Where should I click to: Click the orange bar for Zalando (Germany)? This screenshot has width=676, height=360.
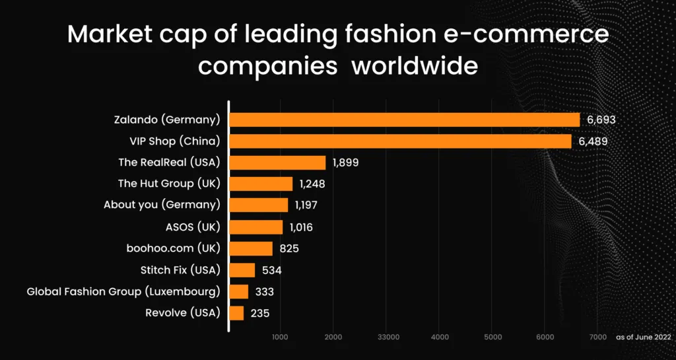pyautogui.click(x=404, y=120)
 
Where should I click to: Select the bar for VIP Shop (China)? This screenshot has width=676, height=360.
pyautogui.click(x=400, y=141)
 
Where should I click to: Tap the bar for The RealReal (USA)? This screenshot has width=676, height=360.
pyautogui.click(x=277, y=162)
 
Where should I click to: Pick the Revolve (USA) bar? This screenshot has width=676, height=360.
pyautogui.click(x=236, y=313)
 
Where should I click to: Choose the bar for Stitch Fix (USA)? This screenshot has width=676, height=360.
pyautogui.click(x=242, y=270)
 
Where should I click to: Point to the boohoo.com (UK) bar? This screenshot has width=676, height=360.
pyautogui.click(x=251, y=248)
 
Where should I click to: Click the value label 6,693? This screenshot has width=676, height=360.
pyautogui.click(x=601, y=120)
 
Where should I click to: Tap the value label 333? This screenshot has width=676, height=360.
pyautogui.click(x=263, y=291)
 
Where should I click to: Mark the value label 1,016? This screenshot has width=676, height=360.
pyautogui.click(x=301, y=227)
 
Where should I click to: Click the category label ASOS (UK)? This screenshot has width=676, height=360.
pyautogui.click(x=193, y=227)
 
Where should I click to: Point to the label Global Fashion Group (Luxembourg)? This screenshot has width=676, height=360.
pyautogui.click(x=123, y=291)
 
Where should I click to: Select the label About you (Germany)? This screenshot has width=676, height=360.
pyautogui.click(x=162, y=205)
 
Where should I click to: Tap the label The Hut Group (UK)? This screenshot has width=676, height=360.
pyautogui.click(x=169, y=184)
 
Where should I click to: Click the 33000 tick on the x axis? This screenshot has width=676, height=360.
pyautogui.click(x=388, y=337)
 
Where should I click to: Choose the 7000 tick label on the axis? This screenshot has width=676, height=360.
pyautogui.click(x=597, y=337)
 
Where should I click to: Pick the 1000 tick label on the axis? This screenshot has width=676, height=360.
pyautogui.click(x=281, y=337)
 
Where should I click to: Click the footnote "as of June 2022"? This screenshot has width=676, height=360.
pyautogui.click(x=643, y=337)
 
